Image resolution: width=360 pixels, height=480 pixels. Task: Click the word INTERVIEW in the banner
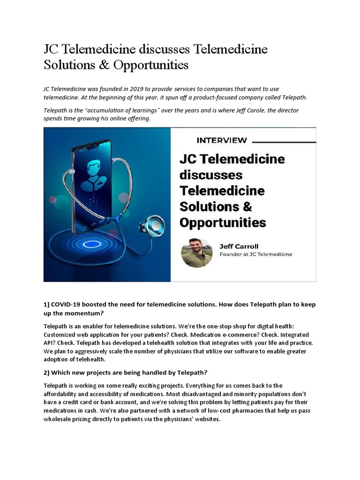222,140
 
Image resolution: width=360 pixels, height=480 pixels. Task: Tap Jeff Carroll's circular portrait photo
197,252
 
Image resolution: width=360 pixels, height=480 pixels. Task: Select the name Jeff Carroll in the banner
239,246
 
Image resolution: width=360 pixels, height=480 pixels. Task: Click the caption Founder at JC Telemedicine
256,254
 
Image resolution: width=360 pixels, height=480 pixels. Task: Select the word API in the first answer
50,343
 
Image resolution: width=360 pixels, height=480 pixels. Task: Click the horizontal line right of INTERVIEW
284,140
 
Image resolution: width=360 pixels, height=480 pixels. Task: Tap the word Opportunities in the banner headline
223,222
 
